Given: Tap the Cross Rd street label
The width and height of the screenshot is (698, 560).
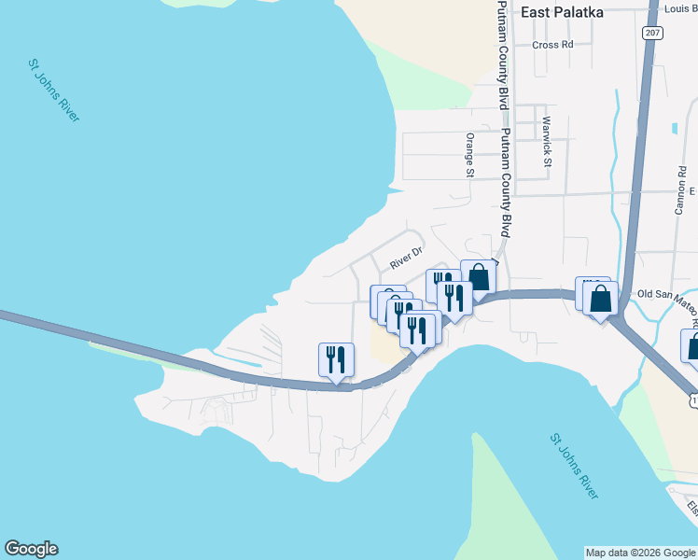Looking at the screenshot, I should (x=552, y=45).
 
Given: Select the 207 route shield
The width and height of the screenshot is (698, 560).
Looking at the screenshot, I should (x=652, y=33).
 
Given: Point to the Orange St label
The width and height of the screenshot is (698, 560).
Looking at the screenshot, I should (x=470, y=154).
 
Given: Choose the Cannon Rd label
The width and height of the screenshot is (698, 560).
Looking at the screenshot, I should (x=680, y=191).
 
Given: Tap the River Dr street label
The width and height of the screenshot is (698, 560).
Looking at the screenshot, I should (x=407, y=259).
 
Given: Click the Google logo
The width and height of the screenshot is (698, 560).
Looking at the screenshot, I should (x=31, y=549).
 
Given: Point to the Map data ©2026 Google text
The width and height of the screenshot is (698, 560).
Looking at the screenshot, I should (x=640, y=553).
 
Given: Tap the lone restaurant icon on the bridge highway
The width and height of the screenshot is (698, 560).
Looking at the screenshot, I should (x=336, y=359).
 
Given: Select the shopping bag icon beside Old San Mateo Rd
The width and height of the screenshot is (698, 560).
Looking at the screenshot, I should (x=601, y=299).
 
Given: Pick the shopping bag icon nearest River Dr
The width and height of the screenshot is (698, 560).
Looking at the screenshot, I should (x=479, y=276).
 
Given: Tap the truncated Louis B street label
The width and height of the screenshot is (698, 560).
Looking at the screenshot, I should (x=680, y=8).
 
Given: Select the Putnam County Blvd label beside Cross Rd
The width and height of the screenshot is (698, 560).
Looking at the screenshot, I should (x=503, y=56).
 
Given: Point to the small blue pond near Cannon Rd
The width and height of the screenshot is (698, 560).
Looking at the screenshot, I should (x=674, y=128).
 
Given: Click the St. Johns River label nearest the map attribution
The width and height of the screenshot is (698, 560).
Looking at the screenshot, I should (x=574, y=466).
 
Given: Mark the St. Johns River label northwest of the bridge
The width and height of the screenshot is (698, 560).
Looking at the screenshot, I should (x=53, y=91).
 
